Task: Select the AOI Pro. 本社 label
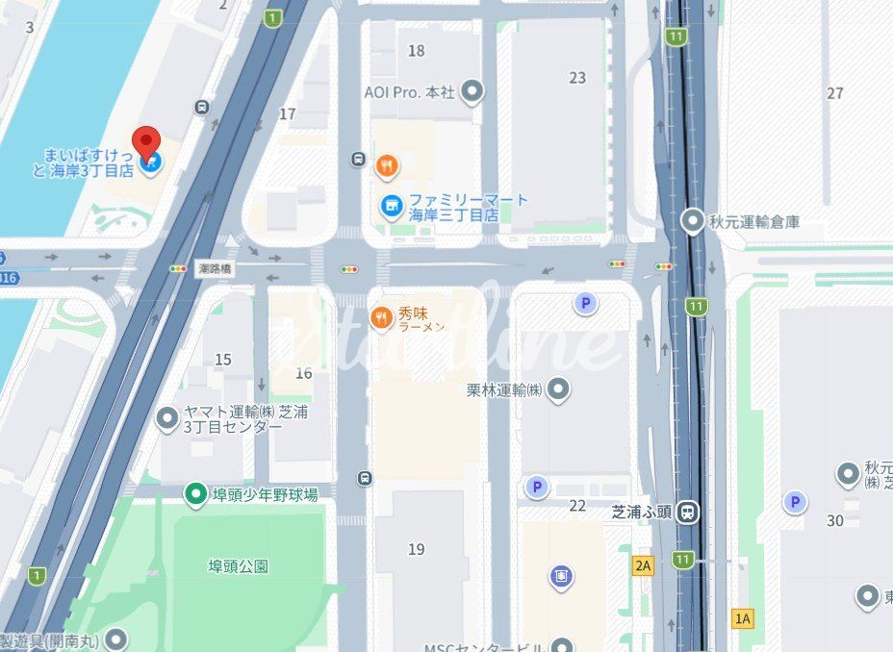410,92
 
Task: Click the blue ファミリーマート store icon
391,207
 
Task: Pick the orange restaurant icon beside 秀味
382,317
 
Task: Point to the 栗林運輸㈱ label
504,389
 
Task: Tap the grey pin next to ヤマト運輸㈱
167,418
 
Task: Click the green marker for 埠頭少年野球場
196,494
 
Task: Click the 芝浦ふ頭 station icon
688,512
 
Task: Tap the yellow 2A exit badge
643,565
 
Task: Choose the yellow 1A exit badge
742,618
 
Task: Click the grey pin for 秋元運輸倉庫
692,221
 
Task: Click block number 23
577,78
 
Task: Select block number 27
835,92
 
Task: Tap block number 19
416,549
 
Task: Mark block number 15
223,360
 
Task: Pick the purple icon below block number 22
562,576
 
